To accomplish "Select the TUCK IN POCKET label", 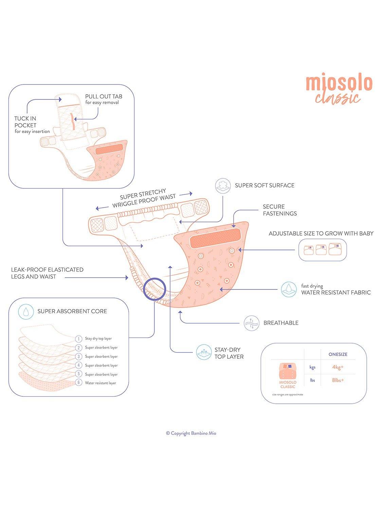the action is click(32, 125).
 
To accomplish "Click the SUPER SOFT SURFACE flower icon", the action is click(223, 186).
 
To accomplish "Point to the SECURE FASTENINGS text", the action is click(280, 210).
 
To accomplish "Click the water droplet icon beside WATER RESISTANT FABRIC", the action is click(289, 289).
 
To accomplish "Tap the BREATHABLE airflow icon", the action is click(251, 323).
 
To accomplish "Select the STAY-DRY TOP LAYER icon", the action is click(204, 353).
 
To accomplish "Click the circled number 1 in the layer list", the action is click(79, 339).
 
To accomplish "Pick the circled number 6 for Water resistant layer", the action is click(79, 382).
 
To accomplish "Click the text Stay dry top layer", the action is click(98, 339).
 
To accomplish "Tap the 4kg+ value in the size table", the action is click(338, 367).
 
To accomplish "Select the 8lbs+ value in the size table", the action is click(338, 380).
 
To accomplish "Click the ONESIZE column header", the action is click(338, 354).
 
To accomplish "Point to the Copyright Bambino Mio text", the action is click(191, 433).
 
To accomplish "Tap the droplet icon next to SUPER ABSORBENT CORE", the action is click(26, 312).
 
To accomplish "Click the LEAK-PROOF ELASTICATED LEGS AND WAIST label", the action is click(47, 273).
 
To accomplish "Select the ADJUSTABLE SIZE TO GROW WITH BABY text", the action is click(321, 233).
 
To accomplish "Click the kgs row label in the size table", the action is click(312, 367).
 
